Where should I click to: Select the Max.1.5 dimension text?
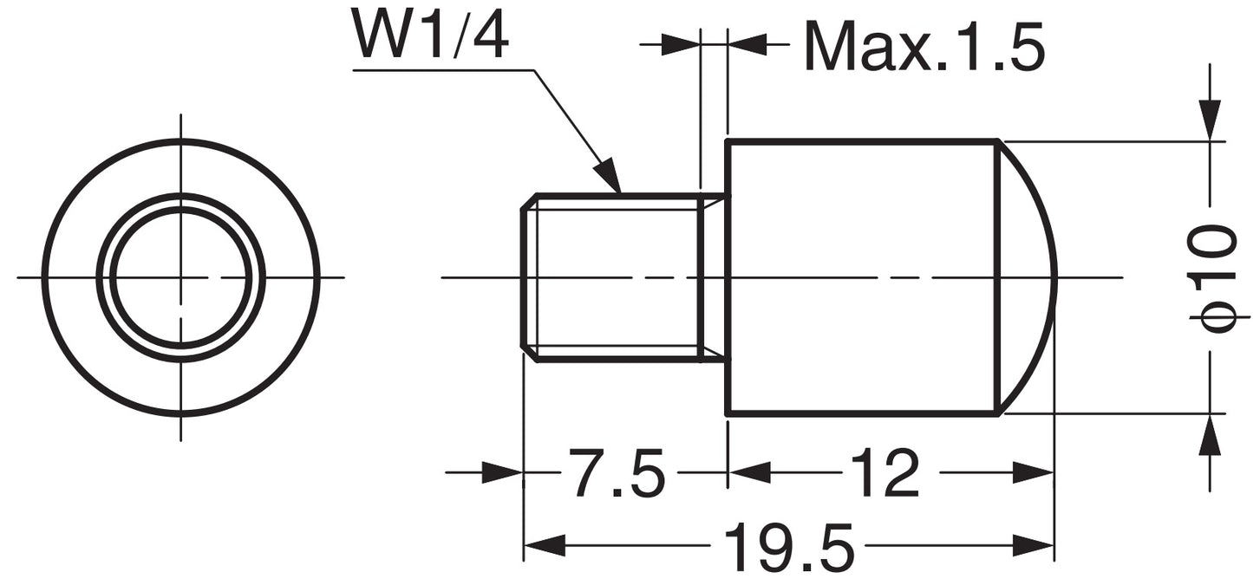click(923, 47)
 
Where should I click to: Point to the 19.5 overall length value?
click(788, 547)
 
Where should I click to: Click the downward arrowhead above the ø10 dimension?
click(1210, 120)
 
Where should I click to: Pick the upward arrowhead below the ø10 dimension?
click(1210, 434)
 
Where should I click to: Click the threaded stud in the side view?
click(611, 277)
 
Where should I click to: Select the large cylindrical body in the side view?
click(863, 277)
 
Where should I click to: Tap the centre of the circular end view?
click(180, 277)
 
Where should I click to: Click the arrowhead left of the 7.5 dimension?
click(503, 473)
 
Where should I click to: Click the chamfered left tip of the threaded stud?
click(526, 277)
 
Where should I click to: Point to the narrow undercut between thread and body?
click(713, 277)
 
